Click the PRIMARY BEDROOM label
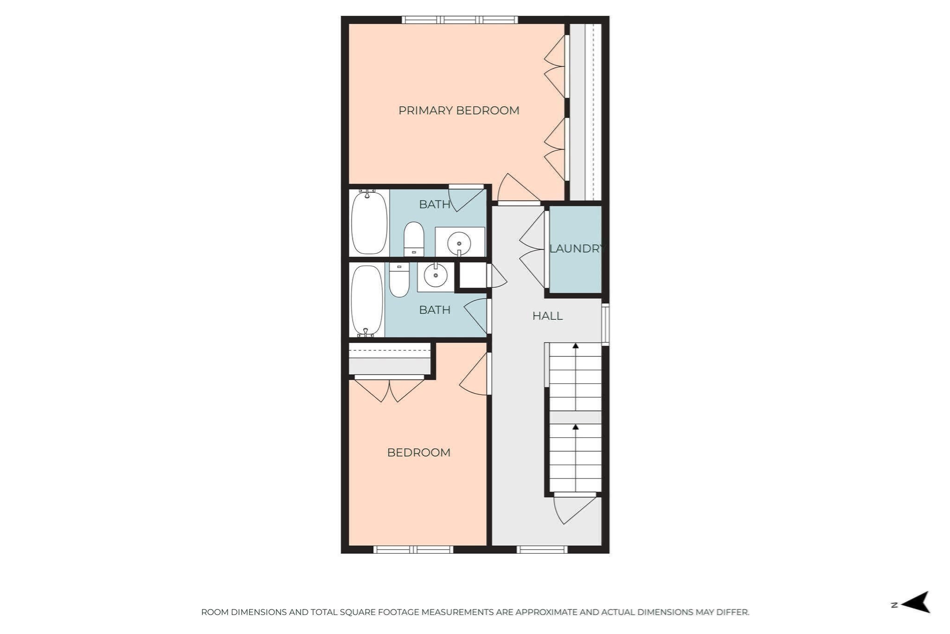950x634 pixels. (458, 110)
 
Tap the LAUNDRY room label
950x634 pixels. (576, 249)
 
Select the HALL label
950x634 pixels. (547, 316)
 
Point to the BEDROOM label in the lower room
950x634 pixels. (418, 453)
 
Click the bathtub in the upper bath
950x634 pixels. (369, 223)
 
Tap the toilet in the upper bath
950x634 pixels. (414, 239)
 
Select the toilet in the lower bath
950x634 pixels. (399, 280)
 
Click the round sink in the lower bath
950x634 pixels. (435, 276)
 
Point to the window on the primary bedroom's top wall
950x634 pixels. (459, 20)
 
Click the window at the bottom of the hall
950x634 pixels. (542, 550)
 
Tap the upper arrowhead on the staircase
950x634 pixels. (575, 346)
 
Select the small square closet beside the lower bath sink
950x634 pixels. (473, 276)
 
